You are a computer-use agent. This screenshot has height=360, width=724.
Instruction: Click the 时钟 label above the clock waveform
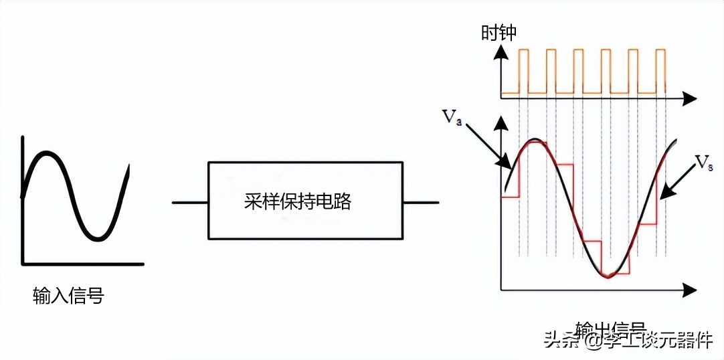(x=499, y=32)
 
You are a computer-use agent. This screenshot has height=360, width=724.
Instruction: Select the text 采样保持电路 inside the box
(x=298, y=201)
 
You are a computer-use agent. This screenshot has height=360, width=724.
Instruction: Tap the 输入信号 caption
(x=68, y=295)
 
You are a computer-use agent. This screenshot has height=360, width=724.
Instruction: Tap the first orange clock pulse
(x=523, y=71)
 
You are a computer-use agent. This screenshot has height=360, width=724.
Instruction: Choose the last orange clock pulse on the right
(x=660, y=71)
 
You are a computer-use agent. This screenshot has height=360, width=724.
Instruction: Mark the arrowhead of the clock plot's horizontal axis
(x=689, y=99)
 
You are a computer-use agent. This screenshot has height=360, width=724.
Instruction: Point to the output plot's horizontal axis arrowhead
(x=689, y=290)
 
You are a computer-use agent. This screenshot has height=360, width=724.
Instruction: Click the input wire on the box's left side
(x=190, y=201)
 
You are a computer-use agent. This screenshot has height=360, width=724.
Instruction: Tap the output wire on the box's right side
(x=421, y=201)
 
